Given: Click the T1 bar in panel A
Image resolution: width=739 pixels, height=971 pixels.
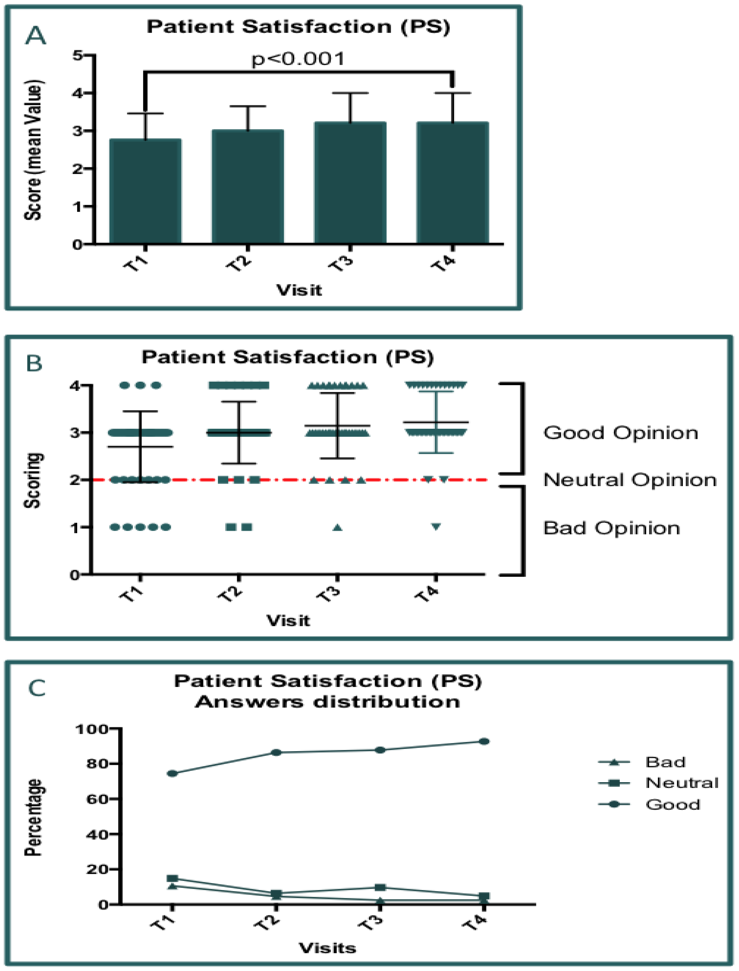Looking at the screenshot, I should coord(145,191).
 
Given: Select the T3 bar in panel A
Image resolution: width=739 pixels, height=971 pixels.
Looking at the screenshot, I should coord(350,183).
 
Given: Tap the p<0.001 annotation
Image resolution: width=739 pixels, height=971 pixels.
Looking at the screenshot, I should coord(298,59).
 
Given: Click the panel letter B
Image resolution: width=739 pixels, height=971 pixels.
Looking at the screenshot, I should coord(34,363).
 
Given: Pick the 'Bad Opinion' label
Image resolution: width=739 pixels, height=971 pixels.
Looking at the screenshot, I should coord(611,528).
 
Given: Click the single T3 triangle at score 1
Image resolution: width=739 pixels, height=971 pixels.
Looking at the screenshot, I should coord(337,527).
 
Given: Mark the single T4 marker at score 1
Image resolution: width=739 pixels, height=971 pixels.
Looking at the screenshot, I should coord(436,527).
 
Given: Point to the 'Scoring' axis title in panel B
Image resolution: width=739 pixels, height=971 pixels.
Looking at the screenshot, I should coord(33,480).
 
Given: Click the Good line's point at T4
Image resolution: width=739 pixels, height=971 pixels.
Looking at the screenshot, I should coord(484,741).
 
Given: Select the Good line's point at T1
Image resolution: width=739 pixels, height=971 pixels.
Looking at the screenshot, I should coord(172,773).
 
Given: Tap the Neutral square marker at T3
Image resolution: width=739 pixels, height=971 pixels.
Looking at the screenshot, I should coord(380,887).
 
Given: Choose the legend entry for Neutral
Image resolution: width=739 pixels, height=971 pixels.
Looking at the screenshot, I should coord(681,783).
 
